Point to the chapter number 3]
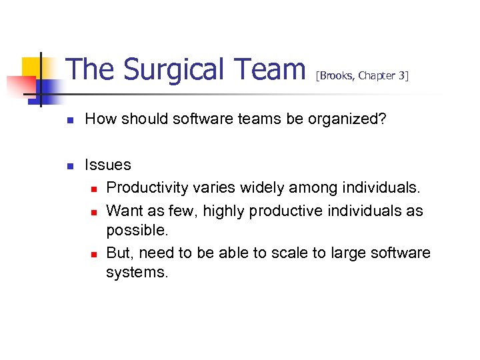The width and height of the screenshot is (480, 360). pos(403,76)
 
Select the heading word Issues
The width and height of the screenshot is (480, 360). pos(108,165)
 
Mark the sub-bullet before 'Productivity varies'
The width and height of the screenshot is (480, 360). pos(94,189)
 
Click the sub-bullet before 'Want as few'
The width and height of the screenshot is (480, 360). pos(94,212)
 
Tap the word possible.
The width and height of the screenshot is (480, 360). pos(137,230)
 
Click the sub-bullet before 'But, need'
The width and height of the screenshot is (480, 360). pos(94,254)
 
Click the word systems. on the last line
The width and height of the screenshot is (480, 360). pos(138,272)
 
